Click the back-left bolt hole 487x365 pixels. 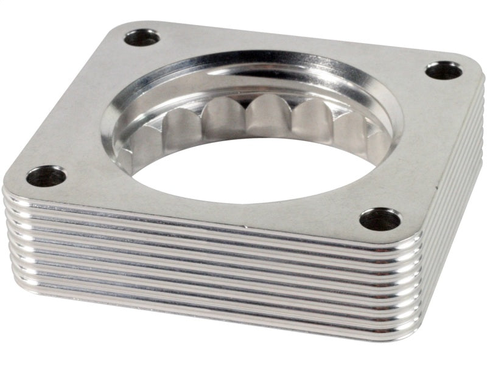tap(142, 38)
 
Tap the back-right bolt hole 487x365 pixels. tap(443, 71)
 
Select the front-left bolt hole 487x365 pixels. tap(46, 176)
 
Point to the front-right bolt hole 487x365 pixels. tap(380, 219)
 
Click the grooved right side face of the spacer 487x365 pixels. tap(457, 182)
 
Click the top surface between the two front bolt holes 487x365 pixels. tap(213, 207)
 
